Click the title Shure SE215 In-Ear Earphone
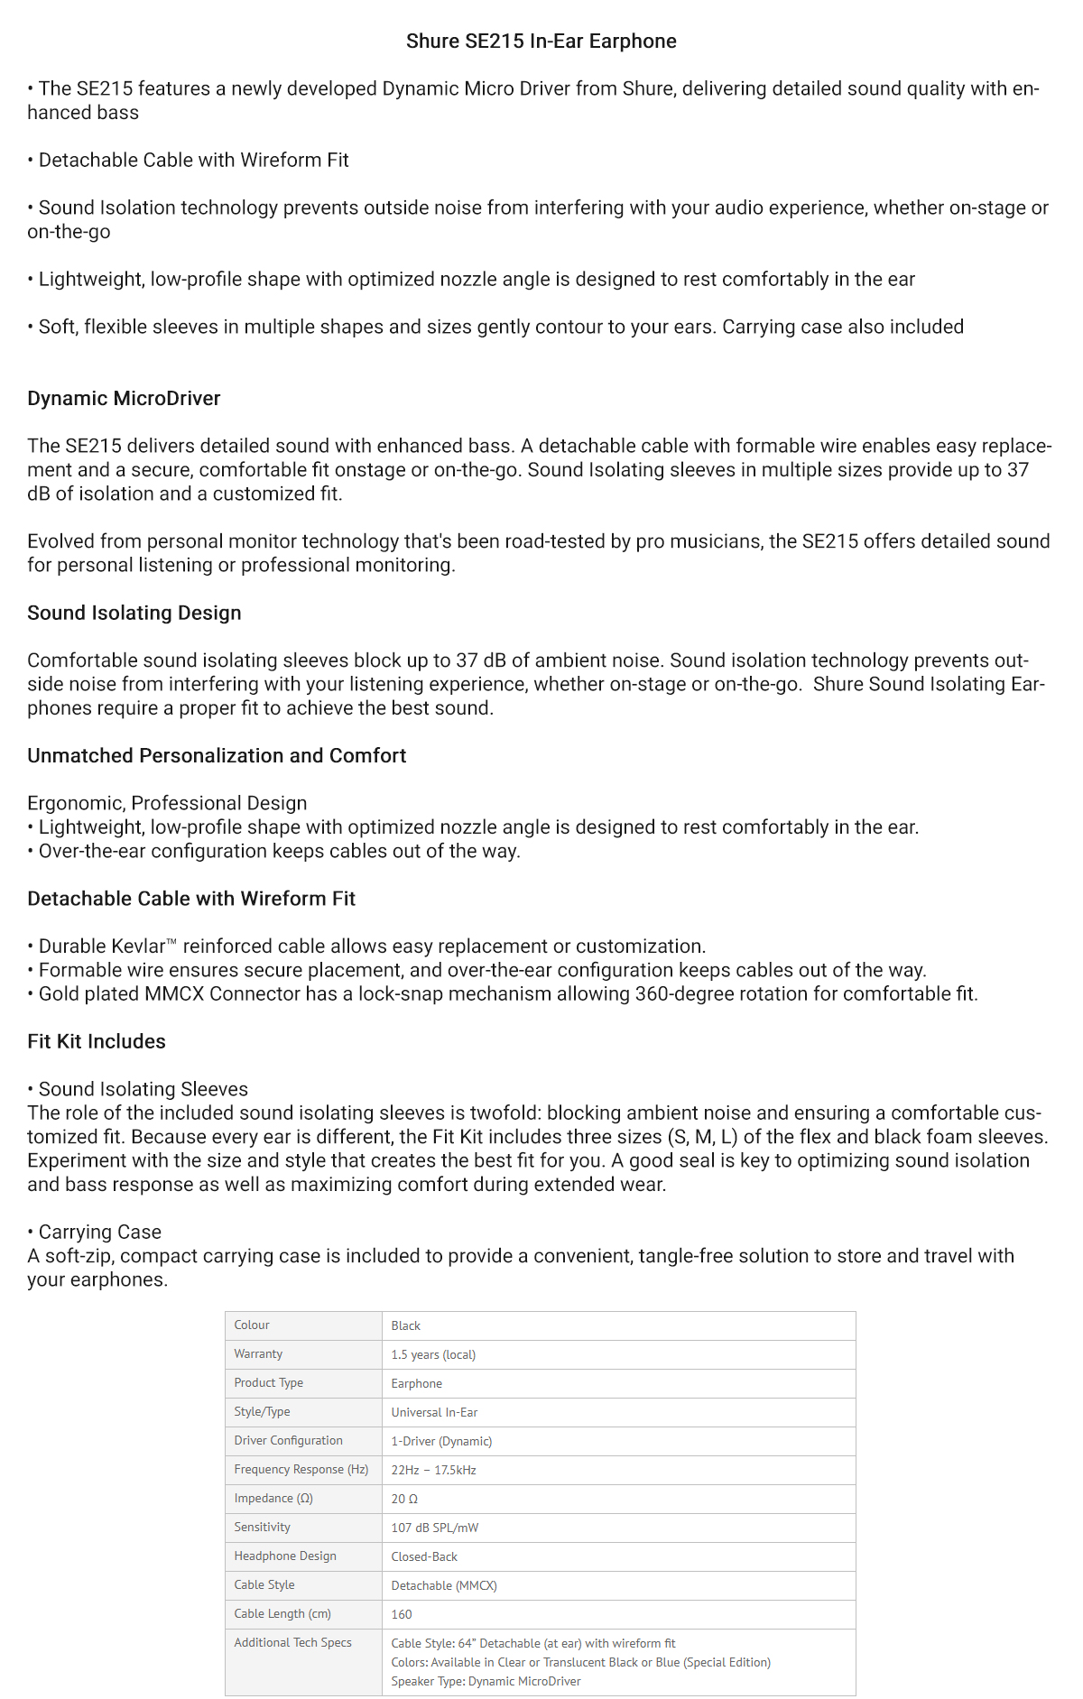pyautogui.click(x=541, y=42)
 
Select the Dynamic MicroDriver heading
pyautogui.click(x=124, y=399)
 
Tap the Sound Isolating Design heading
pyautogui.click(x=134, y=614)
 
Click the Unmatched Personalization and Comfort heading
pyautogui.click(x=217, y=756)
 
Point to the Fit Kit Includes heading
pyautogui.click(x=97, y=1042)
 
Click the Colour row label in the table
pyautogui.click(x=252, y=1325)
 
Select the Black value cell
pyautogui.click(x=406, y=1326)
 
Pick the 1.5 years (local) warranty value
pyautogui.click(x=433, y=1355)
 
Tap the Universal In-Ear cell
pyautogui.click(x=434, y=1413)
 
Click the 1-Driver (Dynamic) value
pyautogui.click(x=441, y=1442)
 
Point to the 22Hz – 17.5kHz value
pyautogui.click(x=433, y=1471)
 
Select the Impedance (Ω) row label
pyautogui.click(x=273, y=1499)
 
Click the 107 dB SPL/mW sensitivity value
pyautogui.click(x=435, y=1528)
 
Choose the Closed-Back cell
pyautogui.click(x=424, y=1557)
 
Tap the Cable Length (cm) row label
pyautogui.click(x=282, y=1614)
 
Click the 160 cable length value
pyautogui.click(x=402, y=1615)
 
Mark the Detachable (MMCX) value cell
pyautogui.click(x=444, y=1586)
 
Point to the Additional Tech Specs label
pyautogui.click(x=292, y=1643)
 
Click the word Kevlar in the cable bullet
pyautogui.click(x=139, y=946)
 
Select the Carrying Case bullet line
pyautogui.click(x=99, y=1233)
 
